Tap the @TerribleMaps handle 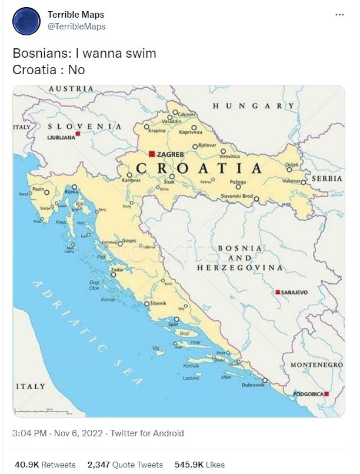[76, 27]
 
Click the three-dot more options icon [339, 15]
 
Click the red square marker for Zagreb [152, 154]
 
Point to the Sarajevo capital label [294, 292]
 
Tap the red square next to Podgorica [326, 393]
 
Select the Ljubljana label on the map [61, 137]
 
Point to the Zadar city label [118, 269]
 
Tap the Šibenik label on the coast [158, 303]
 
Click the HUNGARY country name [253, 106]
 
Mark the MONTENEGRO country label [316, 365]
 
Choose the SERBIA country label [327, 178]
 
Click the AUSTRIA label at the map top [71, 88]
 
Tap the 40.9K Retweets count [44, 465]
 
